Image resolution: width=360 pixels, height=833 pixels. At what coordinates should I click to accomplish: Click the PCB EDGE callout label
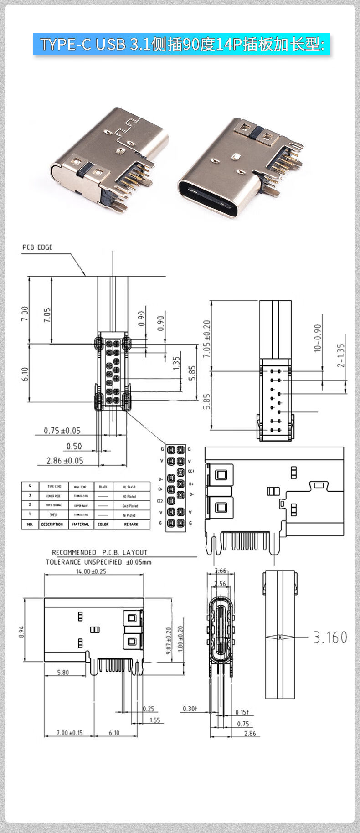(x=37, y=247)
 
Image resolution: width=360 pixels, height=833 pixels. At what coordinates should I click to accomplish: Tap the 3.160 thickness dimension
(x=330, y=637)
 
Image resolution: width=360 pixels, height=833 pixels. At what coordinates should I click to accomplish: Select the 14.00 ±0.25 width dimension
(x=91, y=571)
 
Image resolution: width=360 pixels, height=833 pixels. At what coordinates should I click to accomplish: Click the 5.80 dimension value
(x=63, y=672)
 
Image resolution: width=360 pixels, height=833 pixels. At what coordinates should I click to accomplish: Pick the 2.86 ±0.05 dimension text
(x=65, y=460)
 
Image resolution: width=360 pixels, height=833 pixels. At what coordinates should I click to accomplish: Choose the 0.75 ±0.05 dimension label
(x=62, y=430)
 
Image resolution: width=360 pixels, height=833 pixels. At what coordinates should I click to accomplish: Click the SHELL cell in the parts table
(x=54, y=515)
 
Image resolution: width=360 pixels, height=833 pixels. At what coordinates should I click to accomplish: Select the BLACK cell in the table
(x=103, y=487)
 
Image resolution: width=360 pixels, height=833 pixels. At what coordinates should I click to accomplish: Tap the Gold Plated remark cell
(x=130, y=506)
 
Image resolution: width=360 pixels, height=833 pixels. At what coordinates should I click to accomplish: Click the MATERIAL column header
(x=80, y=524)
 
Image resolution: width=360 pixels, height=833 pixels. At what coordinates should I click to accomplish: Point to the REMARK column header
(x=131, y=524)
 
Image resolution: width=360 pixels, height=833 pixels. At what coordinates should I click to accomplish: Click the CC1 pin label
(x=191, y=471)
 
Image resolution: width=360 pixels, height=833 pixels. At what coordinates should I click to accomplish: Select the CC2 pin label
(x=159, y=501)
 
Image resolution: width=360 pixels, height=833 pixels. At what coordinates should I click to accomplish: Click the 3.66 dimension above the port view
(x=221, y=571)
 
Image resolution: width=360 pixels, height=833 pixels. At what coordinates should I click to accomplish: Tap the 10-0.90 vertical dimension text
(x=318, y=338)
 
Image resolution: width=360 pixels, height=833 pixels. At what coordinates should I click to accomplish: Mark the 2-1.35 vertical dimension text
(x=342, y=355)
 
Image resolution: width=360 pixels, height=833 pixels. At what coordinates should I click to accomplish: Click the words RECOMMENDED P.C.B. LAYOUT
(x=99, y=552)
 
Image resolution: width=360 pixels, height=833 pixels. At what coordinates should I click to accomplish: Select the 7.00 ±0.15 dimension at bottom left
(x=69, y=733)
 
